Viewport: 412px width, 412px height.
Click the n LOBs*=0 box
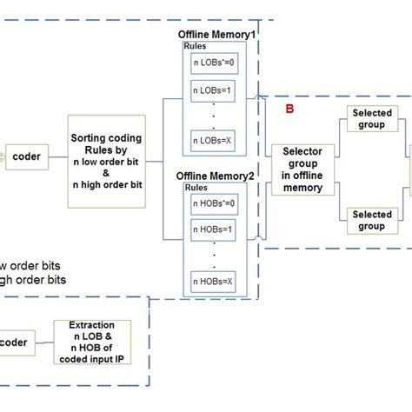tap(213, 63)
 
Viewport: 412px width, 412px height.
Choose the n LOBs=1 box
tap(213, 90)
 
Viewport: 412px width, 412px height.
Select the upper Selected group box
tap(371, 119)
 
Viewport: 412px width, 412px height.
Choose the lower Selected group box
tap(371, 220)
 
